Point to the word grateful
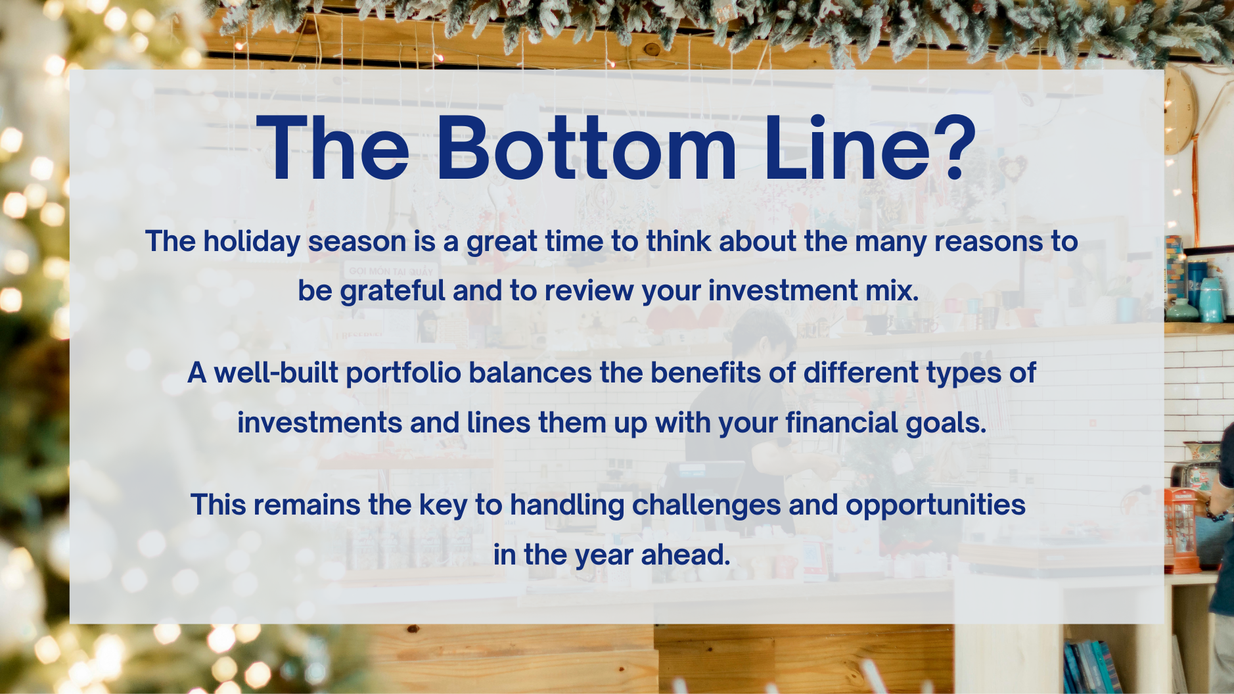tap(392, 291)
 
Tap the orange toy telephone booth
tap(1183, 530)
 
